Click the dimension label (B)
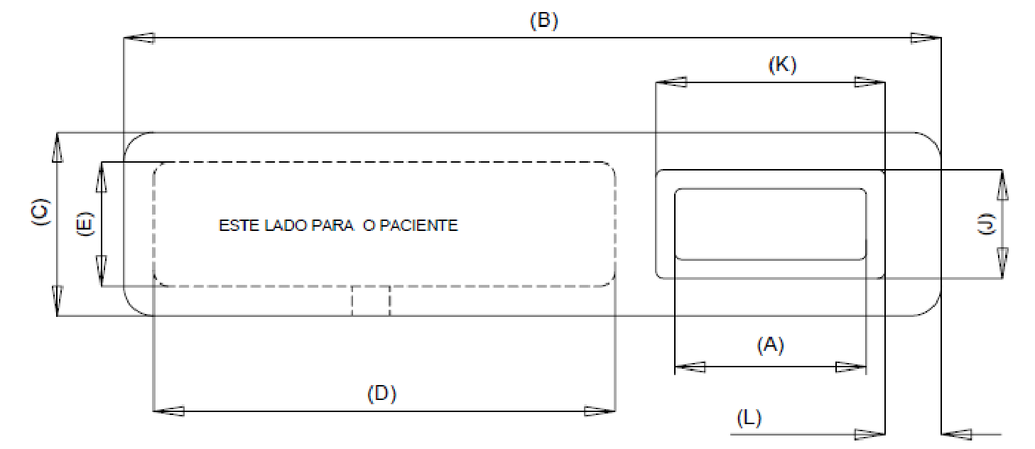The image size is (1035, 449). [x=544, y=21]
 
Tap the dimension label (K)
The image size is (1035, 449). [x=782, y=65]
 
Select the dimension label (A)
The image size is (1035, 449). [x=770, y=345]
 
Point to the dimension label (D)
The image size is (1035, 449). [x=381, y=394]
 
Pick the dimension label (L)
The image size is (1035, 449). [x=749, y=418]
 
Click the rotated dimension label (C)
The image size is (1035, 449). [x=40, y=212]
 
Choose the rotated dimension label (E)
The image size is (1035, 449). [x=85, y=224]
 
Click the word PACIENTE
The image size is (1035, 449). [x=418, y=225]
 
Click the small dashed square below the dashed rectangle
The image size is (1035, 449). [x=371, y=301]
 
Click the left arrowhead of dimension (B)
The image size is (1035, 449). [x=139, y=38]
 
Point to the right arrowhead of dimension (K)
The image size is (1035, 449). [x=869, y=82]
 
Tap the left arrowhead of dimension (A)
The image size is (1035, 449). [x=690, y=367]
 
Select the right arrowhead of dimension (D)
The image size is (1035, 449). [x=600, y=411]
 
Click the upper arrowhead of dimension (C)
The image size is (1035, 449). [x=58, y=147]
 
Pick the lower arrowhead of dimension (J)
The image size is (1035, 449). [x=1002, y=264]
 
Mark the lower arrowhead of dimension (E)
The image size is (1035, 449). [x=102, y=271]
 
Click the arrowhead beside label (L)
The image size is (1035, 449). [x=869, y=434]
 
